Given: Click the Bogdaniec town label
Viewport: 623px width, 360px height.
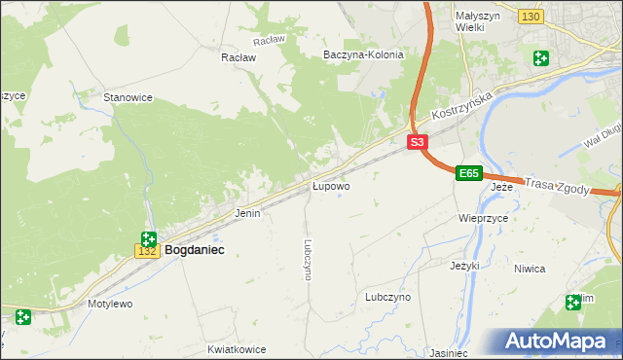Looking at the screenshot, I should pyautogui.click(x=195, y=250).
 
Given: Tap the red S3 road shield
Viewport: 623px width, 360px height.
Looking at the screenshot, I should pyautogui.click(x=417, y=142).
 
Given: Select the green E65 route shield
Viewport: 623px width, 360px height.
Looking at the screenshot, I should pyautogui.click(x=469, y=173).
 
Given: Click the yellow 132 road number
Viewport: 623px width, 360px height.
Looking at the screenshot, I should pyautogui.click(x=147, y=251).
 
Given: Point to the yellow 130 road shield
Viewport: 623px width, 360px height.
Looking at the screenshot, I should pyautogui.click(x=531, y=18).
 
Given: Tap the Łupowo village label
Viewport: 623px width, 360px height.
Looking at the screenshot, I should pyautogui.click(x=331, y=185).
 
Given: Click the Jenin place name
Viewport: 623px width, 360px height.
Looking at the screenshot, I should pyautogui.click(x=247, y=212).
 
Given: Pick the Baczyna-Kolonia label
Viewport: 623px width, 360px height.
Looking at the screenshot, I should pyautogui.click(x=363, y=54).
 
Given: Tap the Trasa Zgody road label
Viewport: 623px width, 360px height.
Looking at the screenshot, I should pyautogui.click(x=557, y=186).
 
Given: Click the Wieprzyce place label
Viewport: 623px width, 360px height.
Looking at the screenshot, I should pyautogui.click(x=484, y=219).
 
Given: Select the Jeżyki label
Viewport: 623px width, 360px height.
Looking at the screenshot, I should pyautogui.click(x=466, y=265).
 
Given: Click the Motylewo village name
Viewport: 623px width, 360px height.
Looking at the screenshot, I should pyautogui.click(x=110, y=304).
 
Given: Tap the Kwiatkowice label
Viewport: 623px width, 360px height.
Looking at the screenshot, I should pyautogui.click(x=237, y=348).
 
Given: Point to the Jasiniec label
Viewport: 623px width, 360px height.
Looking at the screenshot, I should pyautogui.click(x=448, y=353).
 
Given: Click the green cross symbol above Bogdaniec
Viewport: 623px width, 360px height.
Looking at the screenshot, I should pyautogui.click(x=148, y=239).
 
